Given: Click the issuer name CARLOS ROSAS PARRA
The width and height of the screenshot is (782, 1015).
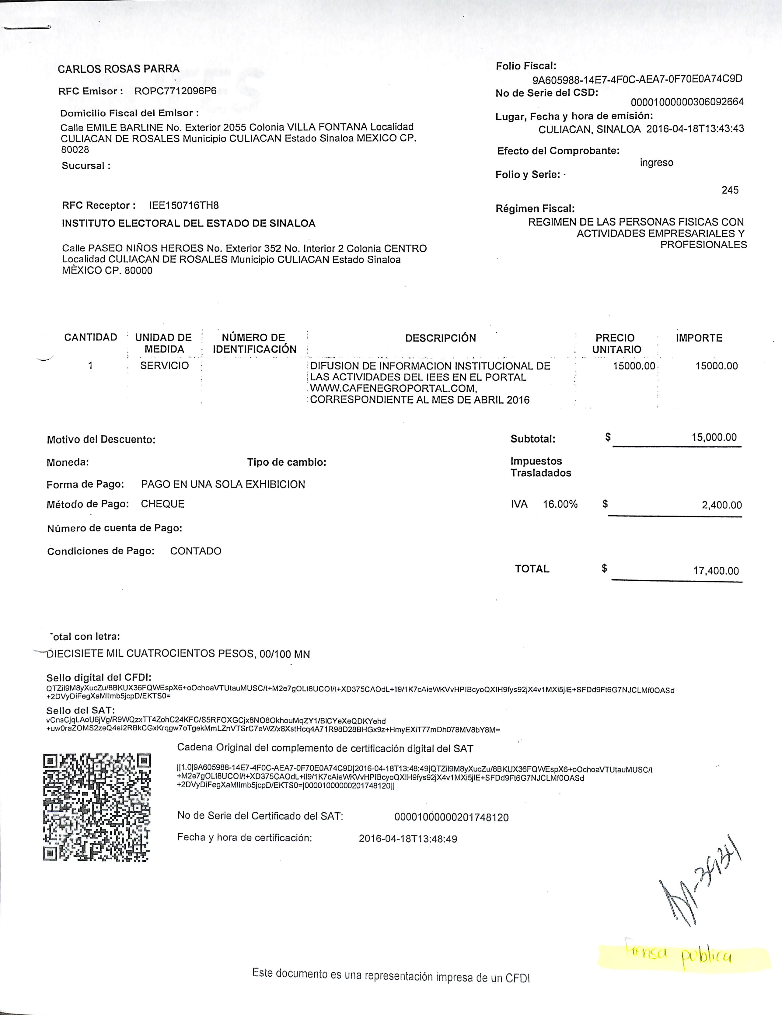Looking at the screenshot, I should (x=118, y=69).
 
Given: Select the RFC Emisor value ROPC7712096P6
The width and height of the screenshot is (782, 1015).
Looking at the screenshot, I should (x=175, y=91).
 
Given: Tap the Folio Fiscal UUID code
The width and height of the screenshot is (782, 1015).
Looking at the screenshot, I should (x=637, y=79).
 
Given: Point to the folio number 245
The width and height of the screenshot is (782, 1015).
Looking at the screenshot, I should (x=730, y=190).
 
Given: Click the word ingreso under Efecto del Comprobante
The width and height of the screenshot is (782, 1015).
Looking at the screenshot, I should (x=656, y=163).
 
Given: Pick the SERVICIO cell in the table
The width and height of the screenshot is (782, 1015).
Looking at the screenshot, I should (x=165, y=366).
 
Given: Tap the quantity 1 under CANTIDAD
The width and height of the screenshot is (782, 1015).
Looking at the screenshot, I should (x=91, y=366).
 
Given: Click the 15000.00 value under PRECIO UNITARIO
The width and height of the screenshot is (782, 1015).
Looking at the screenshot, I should (x=634, y=366).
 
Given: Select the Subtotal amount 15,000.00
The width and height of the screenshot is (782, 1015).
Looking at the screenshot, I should (x=714, y=437).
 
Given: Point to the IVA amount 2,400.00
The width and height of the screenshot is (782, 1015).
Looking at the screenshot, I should (x=721, y=505).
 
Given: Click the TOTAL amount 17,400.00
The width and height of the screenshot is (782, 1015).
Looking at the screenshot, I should (x=716, y=571).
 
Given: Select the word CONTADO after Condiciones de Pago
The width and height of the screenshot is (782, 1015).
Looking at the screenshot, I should (x=196, y=551).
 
